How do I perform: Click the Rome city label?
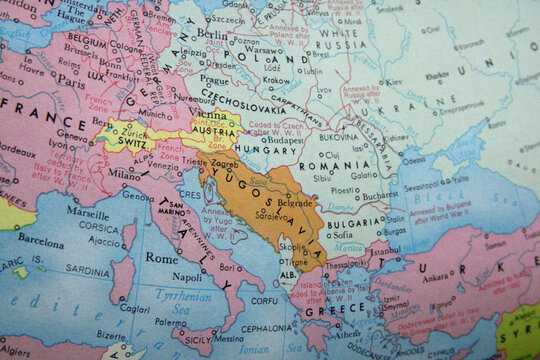point(162,257)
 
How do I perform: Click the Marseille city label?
point(89,213)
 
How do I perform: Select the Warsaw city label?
point(263,49)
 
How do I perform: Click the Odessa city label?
point(412,158)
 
